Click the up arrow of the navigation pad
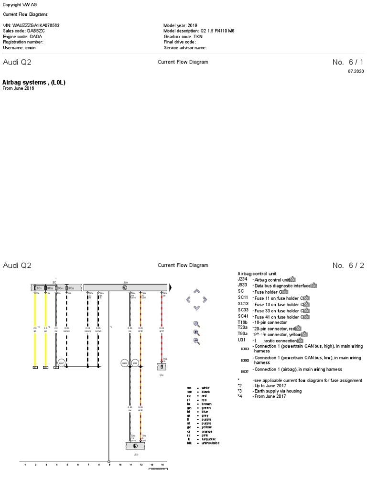196,291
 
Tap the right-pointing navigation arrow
205,299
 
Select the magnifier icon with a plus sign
196,332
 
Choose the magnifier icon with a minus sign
196,340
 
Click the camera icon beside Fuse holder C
285,292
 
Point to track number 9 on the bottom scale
109,464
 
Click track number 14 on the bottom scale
162,464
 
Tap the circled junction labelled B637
61,363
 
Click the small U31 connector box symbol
162,367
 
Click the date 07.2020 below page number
356,71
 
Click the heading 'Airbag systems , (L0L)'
34,83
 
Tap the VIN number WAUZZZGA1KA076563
38,25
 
